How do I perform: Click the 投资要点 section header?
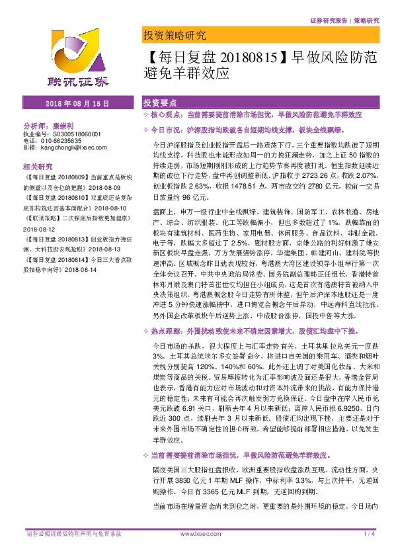(x=159, y=104)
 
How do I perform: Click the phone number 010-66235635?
(x=59, y=140)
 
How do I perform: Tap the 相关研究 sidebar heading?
(x=37, y=166)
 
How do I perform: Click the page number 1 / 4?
(x=369, y=533)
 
